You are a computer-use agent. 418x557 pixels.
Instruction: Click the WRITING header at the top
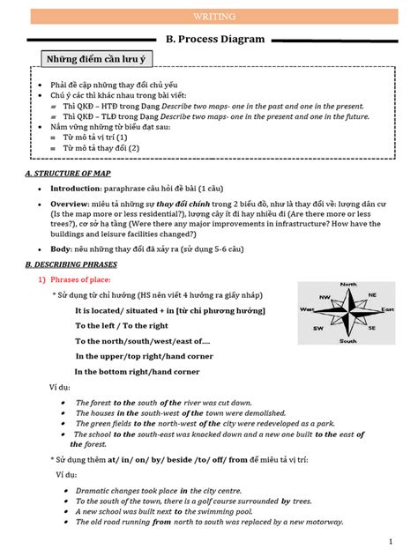208,15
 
